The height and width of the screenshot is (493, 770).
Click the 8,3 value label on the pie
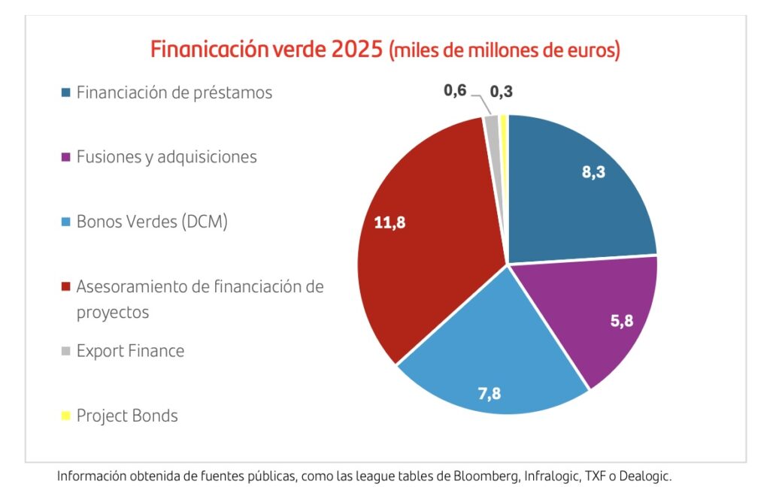[593, 171]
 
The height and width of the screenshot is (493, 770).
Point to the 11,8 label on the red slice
[390, 222]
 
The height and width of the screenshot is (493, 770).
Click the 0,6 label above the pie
[455, 91]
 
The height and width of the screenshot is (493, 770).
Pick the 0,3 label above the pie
[502, 92]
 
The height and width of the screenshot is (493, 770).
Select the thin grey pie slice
[493, 128]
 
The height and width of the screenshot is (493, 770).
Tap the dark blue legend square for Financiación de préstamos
[66, 93]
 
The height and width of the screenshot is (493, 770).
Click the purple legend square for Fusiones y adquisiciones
[66, 158]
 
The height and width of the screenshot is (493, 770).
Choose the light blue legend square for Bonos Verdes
[66, 222]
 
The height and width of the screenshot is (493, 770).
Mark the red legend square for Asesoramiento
[66, 287]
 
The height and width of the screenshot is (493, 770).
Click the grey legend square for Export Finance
[66, 352]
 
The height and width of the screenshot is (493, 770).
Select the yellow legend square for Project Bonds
[66, 416]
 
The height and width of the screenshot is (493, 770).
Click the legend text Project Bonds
[127, 416]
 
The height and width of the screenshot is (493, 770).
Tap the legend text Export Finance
[130, 351]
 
